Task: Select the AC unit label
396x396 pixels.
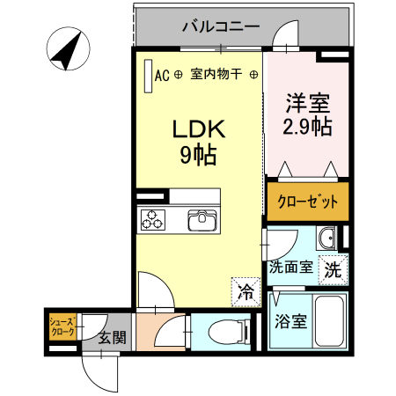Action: tap(162, 76)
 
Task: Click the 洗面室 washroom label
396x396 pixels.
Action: tap(290, 268)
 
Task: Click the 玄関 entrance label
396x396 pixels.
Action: tap(111, 336)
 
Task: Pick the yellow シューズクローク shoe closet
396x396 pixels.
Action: tap(62, 326)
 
